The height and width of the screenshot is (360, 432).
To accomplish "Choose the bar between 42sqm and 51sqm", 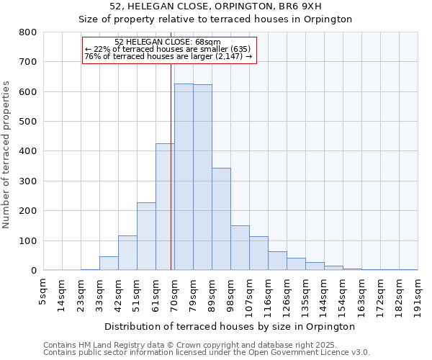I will (x=127, y=253).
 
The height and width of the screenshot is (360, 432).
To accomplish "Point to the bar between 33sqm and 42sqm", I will (x=109, y=264).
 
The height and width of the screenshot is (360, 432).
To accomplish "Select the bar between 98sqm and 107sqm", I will (x=240, y=248).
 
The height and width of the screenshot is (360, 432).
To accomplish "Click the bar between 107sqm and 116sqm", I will (x=258, y=253).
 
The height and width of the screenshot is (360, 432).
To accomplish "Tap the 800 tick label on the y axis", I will (x=28, y=32).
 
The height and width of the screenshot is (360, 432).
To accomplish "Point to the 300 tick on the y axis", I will (x=28, y=181).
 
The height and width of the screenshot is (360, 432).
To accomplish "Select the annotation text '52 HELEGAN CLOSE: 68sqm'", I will (x=168, y=42).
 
